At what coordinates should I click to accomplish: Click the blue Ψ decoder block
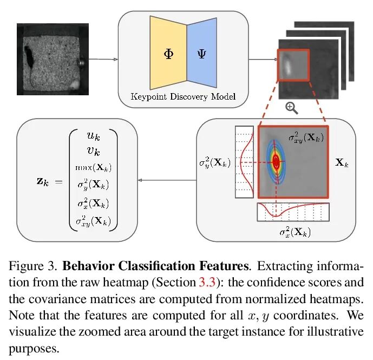pos(201,54)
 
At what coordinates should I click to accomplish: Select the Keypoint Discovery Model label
pos(184,97)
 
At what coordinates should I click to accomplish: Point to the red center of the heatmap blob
pos(277,161)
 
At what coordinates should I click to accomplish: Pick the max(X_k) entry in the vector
pos(94,166)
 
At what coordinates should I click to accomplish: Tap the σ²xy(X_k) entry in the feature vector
pos(94,220)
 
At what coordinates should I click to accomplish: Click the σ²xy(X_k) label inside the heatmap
pos(305,136)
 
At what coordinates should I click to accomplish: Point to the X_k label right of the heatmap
pos(341,162)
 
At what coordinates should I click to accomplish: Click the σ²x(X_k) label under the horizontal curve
pos(295,232)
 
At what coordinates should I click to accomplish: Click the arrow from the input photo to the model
pos(103,60)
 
